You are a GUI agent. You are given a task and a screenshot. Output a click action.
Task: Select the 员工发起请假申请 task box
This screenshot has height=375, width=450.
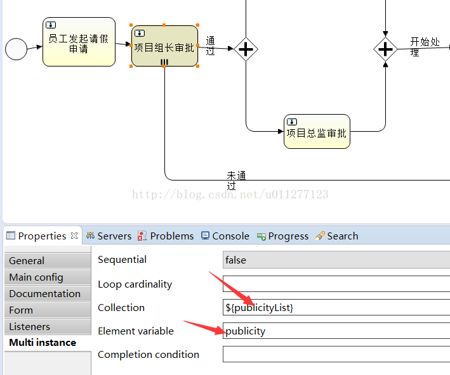tap(79, 42)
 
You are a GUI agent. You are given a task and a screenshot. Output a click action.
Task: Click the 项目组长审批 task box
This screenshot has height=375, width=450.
tap(164, 46)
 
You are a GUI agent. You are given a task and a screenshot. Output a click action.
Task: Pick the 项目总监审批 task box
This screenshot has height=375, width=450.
tap(317, 132)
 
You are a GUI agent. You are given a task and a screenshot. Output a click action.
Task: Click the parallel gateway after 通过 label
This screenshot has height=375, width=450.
tap(246, 49)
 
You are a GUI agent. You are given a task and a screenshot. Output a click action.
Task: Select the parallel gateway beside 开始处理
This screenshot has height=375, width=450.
tap(385, 49)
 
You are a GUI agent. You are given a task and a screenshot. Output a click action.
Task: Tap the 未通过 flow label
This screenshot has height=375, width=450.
tap(236, 181)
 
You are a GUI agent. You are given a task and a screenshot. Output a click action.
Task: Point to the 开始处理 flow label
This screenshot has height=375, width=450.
tap(425, 47)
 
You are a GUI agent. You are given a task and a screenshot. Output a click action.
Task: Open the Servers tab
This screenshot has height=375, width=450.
tap(109, 236)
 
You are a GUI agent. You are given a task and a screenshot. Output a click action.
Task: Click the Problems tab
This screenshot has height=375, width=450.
tap(166, 236)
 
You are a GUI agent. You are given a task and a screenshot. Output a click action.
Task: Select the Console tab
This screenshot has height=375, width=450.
tap(225, 236)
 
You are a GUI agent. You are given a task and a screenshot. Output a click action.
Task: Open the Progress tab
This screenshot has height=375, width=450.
tap(282, 236)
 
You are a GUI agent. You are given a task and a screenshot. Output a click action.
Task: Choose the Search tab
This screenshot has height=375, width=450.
tap(336, 236)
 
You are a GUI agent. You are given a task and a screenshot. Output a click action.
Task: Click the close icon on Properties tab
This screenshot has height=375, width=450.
tap(74, 236)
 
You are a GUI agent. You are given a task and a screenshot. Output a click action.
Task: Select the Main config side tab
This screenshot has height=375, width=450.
tap(48, 277)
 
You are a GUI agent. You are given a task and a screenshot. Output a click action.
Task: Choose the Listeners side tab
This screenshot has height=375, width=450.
tap(48, 326)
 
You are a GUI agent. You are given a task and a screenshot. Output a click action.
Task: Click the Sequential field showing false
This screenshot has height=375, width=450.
tap(336, 260)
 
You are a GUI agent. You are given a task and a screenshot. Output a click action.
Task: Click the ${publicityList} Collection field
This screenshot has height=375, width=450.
tap(336, 307)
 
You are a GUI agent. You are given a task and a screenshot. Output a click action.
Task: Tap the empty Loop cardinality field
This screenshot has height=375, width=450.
tap(336, 284)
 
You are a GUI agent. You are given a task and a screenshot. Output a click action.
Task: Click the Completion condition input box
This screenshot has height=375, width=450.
tap(336, 354)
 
